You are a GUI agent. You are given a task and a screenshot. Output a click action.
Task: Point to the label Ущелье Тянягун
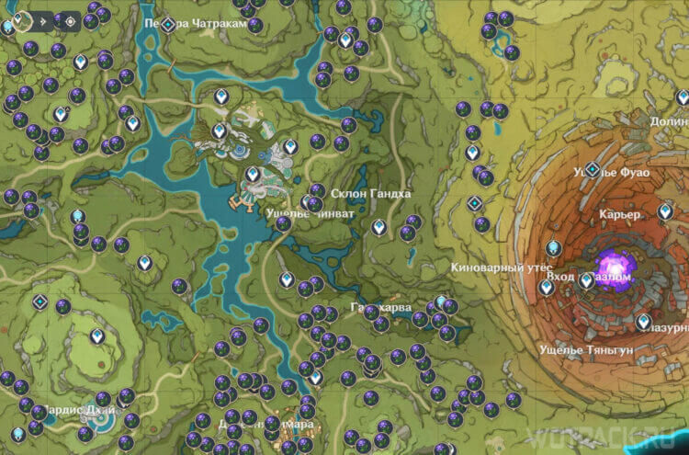tap(575, 350)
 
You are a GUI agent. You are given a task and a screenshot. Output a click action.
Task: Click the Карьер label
tap(617, 214)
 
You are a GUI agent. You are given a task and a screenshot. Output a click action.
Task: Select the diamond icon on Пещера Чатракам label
tap(168, 24)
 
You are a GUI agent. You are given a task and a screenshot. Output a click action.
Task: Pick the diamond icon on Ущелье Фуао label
tap(593, 169)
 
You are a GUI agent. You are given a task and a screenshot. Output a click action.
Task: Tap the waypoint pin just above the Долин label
tap(682, 97)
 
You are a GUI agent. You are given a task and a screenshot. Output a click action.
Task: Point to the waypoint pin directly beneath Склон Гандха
tap(378, 226)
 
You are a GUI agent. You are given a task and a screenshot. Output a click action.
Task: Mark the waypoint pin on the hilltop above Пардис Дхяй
tap(96, 336)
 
